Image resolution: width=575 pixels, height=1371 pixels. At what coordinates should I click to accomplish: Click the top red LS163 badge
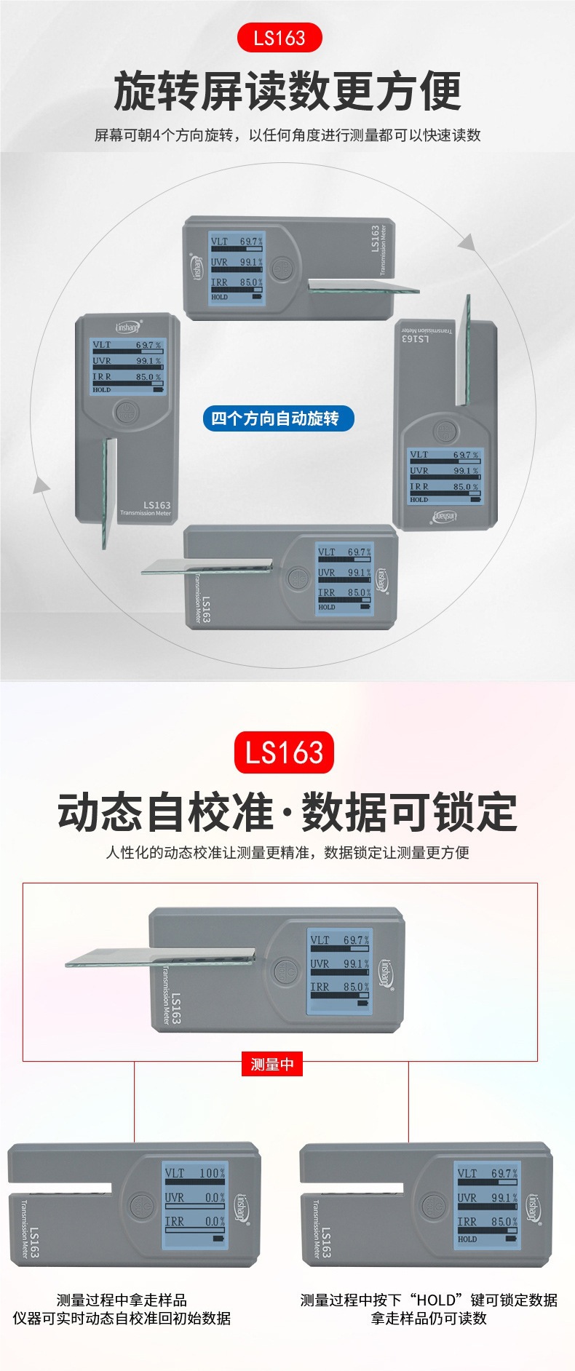pyautogui.click(x=279, y=38)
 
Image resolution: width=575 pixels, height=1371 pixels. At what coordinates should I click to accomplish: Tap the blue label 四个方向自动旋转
pyautogui.click(x=277, y=418)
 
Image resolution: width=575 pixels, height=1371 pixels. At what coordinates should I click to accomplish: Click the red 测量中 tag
pyautogui.click(x=271, y=1065)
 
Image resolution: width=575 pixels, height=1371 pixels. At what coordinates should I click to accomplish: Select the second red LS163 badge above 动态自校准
pyautogui.click(x=284, y=752)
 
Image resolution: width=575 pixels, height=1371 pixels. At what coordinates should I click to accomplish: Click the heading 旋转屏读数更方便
pyautogui.click(x=287, y=92)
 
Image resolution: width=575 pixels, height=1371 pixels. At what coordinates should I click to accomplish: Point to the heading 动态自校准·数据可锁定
pyautogui.click(x=287, y=812)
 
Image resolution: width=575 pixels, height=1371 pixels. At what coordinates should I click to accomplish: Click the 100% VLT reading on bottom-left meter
pyautogui.click(x=212, y=1173)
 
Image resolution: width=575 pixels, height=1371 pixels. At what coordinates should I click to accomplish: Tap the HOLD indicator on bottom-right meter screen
pyautogui.click(x=467, y=1239)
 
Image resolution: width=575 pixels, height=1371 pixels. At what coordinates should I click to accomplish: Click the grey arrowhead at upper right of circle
pyautogui.click(x=467, y=242)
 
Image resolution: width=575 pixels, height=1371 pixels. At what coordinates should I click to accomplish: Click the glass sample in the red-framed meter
pyautogui.click(x=160, y=958)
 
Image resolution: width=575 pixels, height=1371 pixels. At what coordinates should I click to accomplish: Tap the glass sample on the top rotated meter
pyautogui.click(x=364, y=286)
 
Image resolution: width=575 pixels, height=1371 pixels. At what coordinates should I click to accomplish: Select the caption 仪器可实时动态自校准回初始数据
pyautogui.click(x=122, y=1318)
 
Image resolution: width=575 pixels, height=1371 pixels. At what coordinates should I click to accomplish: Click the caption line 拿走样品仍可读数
pyautogui.click(x=429, y=1318)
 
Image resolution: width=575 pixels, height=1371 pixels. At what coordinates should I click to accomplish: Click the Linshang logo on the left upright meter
pyautogui.click(x=128, y=327)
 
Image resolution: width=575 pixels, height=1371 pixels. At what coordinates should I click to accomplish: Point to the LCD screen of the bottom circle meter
pyautogui.click(x=344, y=579)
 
